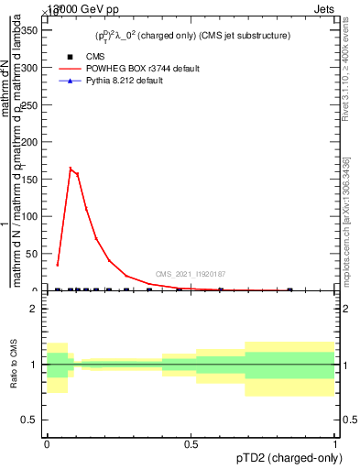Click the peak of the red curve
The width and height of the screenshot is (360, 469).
tap(71, 169)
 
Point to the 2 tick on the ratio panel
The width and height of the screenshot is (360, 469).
tap(36, 310)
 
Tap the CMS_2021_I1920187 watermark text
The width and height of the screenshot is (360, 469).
tap(191, 274)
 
